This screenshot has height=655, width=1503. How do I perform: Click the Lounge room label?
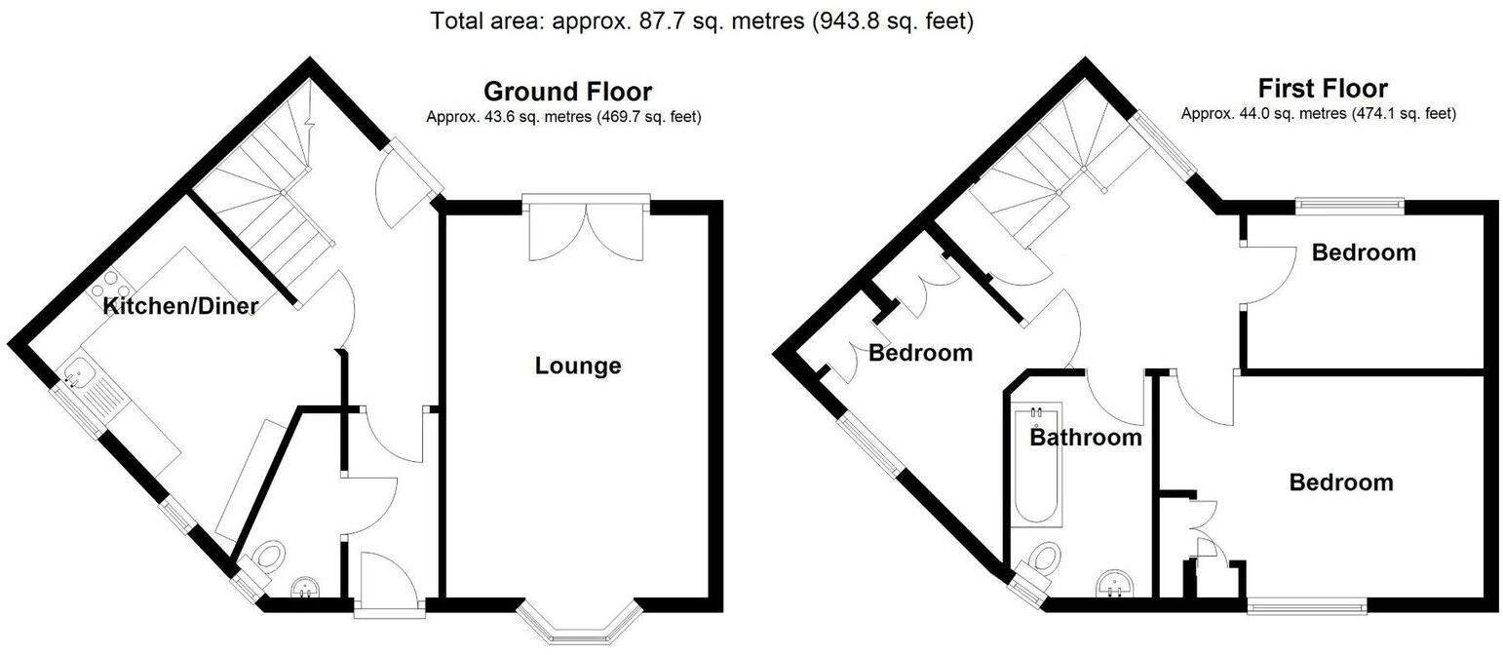pyautogui.click(x=577, y=366)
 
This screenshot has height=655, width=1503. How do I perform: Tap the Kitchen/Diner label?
pyautogui.click(x=180, y=306)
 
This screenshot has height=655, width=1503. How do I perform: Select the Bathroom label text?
pyautogui.click(x=1086, y=438)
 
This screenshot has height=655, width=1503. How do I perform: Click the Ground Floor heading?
pyautogui.click(x=567, y=92)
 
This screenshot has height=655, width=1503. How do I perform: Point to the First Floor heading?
pyautogui.click(x=1322, y=89)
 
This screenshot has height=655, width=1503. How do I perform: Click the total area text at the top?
pyautogui.click(x=702, y=20)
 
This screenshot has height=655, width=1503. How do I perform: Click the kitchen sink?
pyautogui.click(x=77, y=373)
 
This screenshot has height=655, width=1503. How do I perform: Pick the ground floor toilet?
pyautogui.click(x=268, y=558)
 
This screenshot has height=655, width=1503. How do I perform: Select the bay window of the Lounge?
pyautogui.click(x=579, y=620)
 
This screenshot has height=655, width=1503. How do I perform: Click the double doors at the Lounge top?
pyautogui.click(x=586, y=230)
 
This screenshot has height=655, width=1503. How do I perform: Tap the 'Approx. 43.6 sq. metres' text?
pyautogui.click(x=563, y=117)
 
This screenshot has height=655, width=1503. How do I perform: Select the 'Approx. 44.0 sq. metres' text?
pyautogui.click(x=1318, y=114)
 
